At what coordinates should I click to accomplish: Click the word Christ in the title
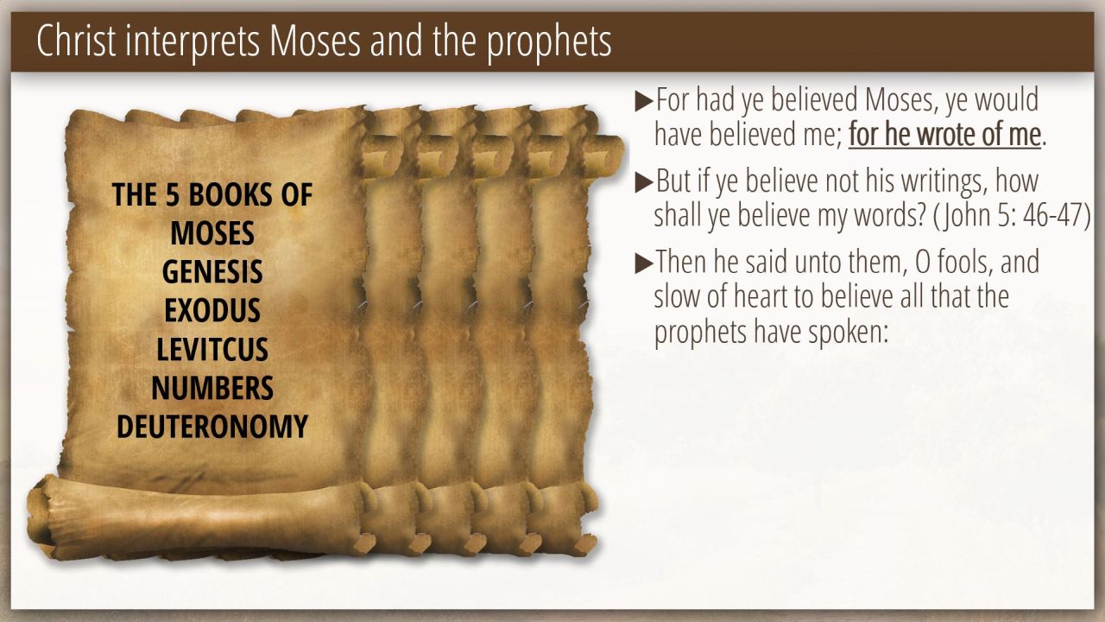[77, 41]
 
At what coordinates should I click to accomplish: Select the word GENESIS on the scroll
[212, 271]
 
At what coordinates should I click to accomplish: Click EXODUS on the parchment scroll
[212, 310]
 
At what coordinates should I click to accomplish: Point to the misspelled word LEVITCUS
[212, 349]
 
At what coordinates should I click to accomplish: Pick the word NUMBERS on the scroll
[212, 388]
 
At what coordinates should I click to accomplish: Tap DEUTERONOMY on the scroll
[212, 427]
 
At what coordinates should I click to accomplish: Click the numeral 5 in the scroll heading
[172, 194]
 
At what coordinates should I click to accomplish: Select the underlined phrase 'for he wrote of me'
[944, 134]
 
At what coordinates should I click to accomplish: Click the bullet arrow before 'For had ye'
[644, 101]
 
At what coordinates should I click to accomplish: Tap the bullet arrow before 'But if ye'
[644, 182]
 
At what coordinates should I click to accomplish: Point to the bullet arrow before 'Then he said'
[644, 263]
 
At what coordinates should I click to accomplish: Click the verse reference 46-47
[1051, 215]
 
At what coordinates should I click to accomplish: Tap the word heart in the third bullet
[761, 296]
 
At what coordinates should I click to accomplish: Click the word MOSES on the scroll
[212, 233]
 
